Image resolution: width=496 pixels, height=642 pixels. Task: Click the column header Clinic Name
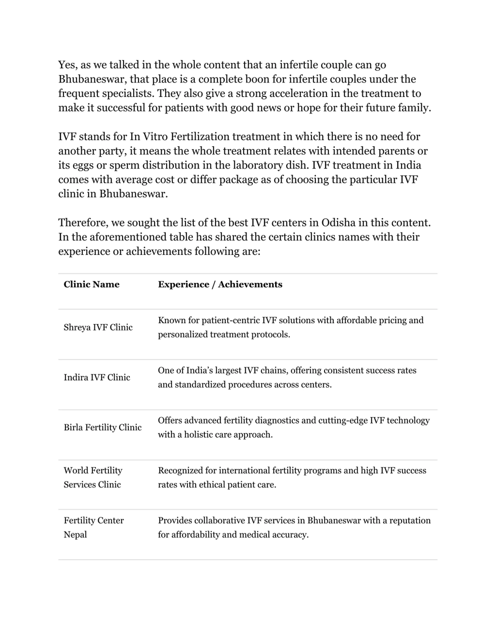click(91, 284)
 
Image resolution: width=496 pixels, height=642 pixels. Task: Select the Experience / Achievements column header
click(220, 284)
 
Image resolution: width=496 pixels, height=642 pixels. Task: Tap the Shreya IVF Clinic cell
click(98, 327)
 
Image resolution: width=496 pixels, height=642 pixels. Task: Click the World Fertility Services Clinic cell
click(93, 477)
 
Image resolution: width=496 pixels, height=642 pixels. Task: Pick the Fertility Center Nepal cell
click(94, 527)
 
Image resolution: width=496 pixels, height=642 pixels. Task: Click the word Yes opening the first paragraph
click(67, 65)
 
